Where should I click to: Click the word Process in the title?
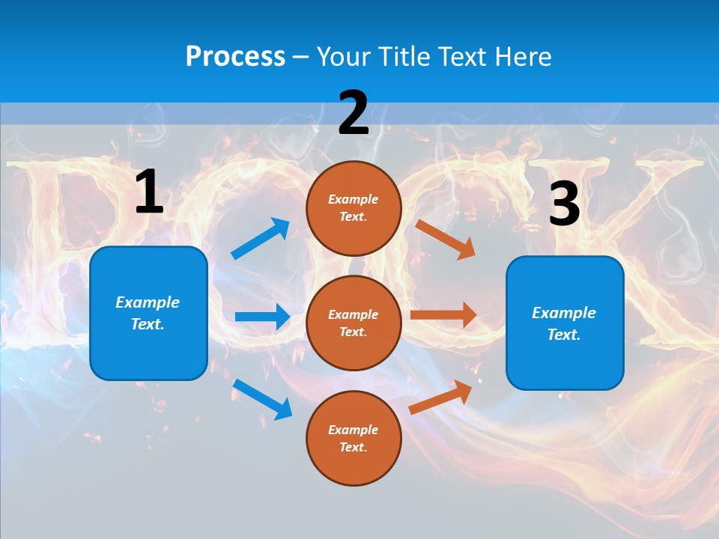[235, 56]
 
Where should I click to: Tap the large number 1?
[149, 192]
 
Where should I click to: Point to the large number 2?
[354, 113]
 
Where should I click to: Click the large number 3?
[564, 204]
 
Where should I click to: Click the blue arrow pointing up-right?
[261, 239]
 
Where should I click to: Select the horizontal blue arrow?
[263, 317]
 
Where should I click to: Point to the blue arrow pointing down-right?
[263, 399]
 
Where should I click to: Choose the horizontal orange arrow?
[443, 314]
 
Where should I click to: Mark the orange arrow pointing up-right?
[441, 397]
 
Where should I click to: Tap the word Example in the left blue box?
[148, 302]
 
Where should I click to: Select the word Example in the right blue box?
[564, 313]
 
